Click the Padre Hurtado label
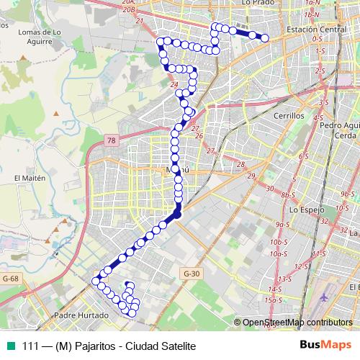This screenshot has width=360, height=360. tap(81, 315)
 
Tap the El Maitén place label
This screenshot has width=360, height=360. tap(30, 177)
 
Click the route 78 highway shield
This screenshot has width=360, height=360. tap(110, 140)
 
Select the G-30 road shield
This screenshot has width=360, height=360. tap(191, 273)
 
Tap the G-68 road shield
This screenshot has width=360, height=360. tap(10, 278)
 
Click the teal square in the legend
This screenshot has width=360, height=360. tap(11, 346)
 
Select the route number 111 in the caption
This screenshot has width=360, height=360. tap(30, 346)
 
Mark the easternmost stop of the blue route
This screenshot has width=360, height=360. tap(265, 37)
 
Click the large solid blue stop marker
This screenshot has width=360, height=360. tap(177, 214)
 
